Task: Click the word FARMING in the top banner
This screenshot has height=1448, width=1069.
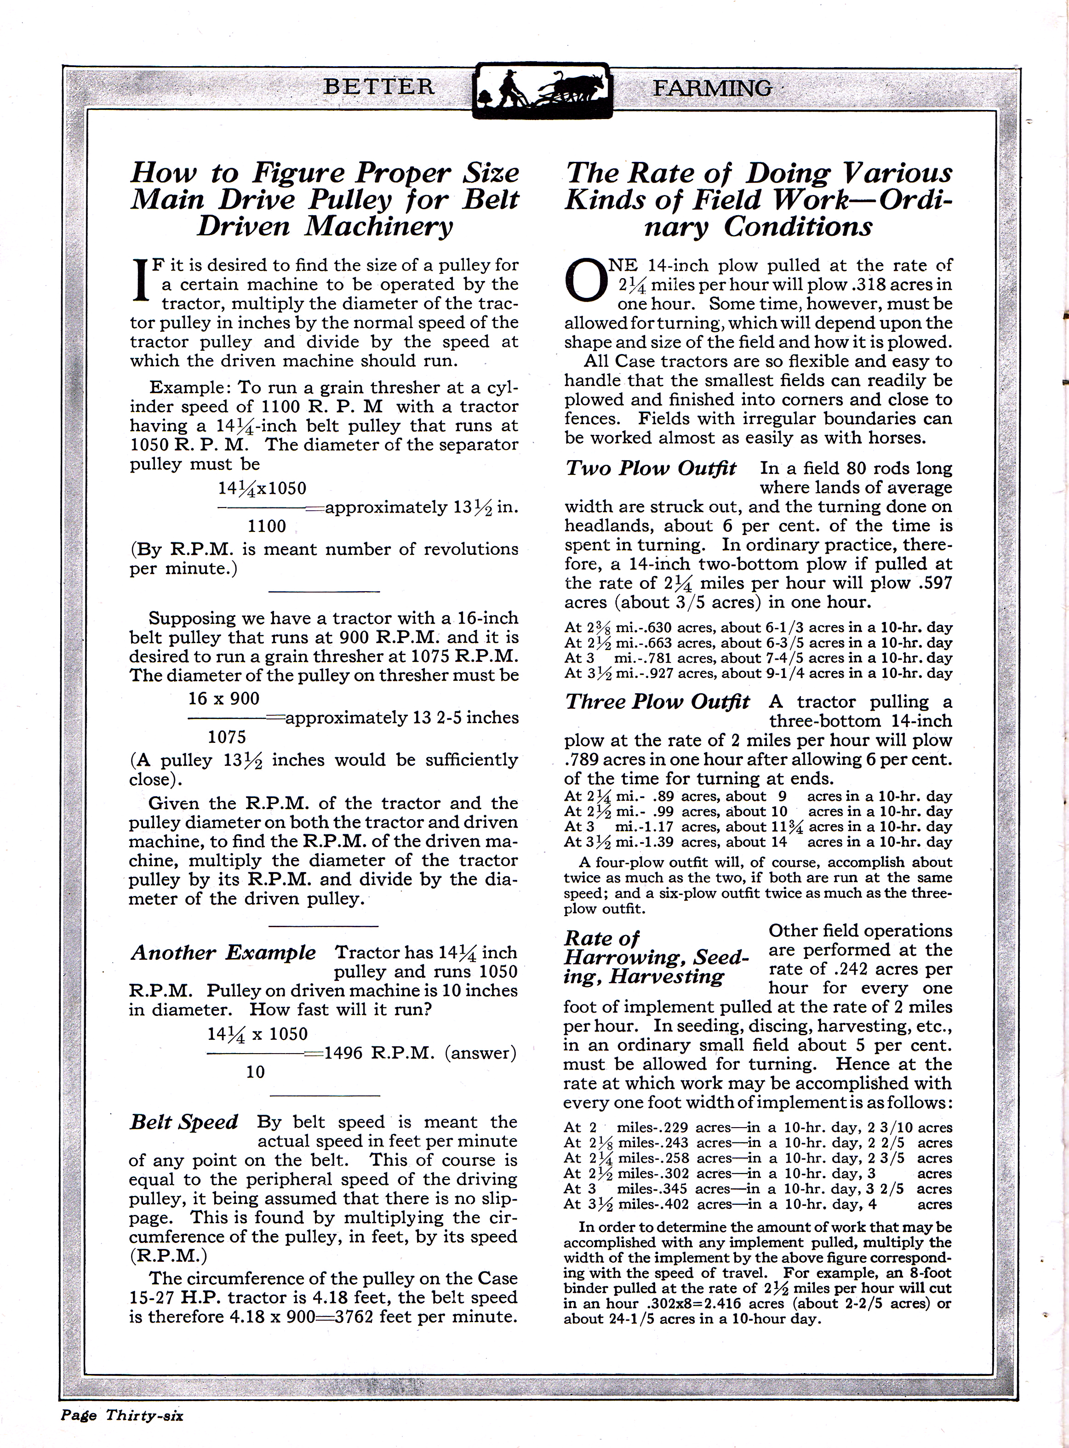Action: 711,87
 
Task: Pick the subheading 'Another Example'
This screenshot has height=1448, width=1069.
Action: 223,952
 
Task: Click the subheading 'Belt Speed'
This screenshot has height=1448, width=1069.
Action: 184,1122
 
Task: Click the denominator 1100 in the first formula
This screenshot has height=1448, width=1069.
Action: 267,526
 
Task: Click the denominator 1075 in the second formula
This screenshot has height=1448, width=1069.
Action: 227,737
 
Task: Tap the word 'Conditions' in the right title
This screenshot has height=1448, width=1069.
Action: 798,227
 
